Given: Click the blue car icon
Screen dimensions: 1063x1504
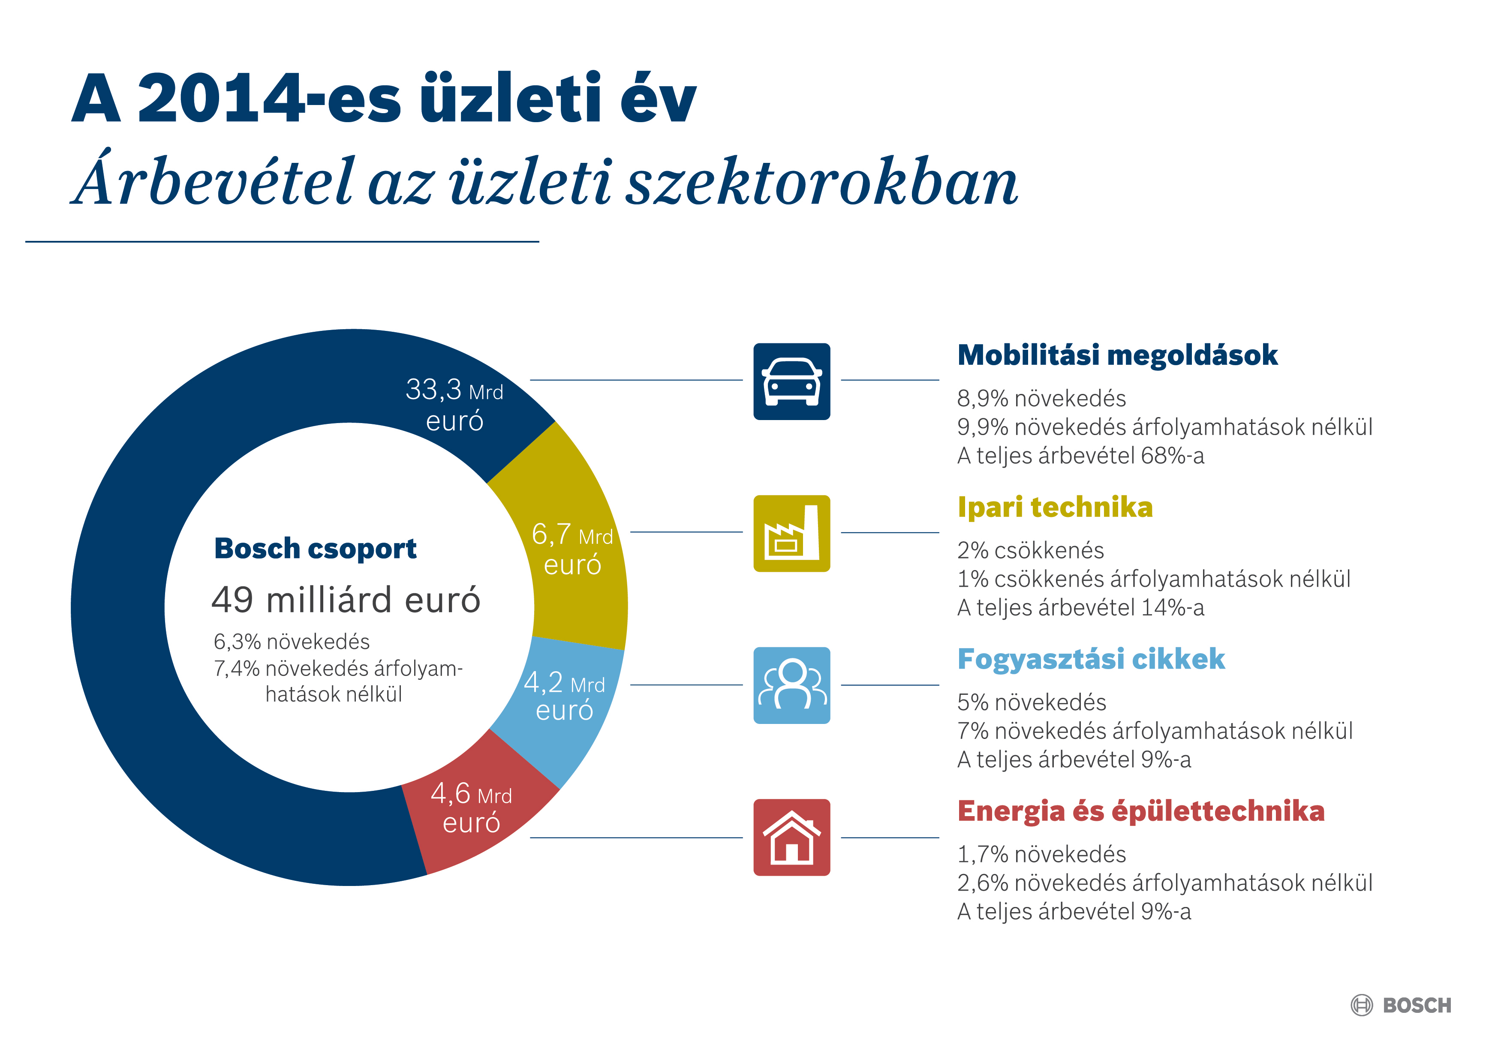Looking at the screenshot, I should click(791, 381).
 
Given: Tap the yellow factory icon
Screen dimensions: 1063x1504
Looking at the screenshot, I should click(791, 533).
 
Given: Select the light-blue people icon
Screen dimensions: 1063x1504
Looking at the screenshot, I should click(791, 685).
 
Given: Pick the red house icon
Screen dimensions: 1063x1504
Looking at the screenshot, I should click(791, 837).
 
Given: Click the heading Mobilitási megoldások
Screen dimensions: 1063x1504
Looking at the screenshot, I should click(1117, 355).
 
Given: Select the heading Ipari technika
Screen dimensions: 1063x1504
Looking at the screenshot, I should click(1055, 507).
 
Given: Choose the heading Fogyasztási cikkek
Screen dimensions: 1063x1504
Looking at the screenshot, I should click(1091, 659).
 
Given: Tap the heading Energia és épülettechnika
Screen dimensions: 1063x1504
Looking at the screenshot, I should click(1140, 811).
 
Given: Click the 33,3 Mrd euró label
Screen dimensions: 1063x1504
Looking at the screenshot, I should click(454, 405).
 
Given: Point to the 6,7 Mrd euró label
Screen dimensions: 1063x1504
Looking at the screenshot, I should click(572, 549).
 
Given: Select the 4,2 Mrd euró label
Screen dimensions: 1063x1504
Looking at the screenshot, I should click(564, 696).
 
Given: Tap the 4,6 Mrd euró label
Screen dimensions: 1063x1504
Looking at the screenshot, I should click(471, 807).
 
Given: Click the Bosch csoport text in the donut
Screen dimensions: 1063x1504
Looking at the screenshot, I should click(315, 548).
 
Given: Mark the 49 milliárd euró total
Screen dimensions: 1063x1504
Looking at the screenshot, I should click(346, 599).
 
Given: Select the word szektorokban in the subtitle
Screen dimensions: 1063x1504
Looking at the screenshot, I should click(821, 181).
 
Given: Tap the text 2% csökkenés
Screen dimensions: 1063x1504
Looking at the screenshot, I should click(1030, 550).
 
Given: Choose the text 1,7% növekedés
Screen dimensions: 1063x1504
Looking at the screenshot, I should click(1041, 854).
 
